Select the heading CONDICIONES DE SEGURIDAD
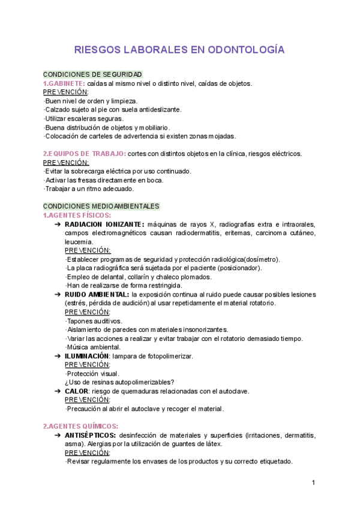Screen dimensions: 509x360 tap(92, 74)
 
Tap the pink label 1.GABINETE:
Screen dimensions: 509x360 tap(63, 83)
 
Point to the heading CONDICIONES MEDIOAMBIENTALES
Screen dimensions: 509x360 tap(101, 206)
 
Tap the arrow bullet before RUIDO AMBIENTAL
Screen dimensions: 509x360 tap(57, 295)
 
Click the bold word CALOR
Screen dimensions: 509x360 tap(76, 391)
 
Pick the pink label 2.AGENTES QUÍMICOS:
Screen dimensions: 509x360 tap(80, 426)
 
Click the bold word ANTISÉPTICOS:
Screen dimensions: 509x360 tap(90, 435)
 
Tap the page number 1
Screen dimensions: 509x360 tap(313, 483)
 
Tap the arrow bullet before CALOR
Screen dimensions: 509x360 tap(57, 391)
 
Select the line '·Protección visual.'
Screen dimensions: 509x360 tap(94, 373)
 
